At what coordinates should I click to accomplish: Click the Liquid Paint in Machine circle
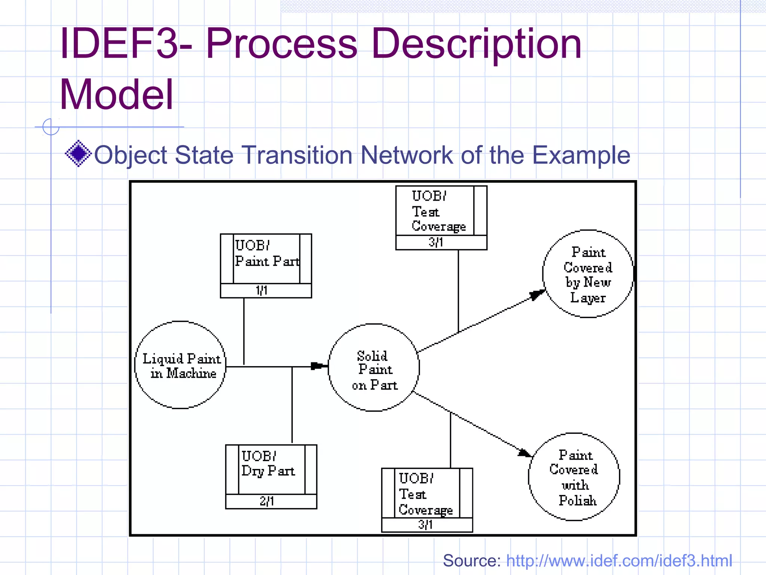(x=180, y=365)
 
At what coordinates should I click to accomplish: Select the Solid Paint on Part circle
(x=374, y=368)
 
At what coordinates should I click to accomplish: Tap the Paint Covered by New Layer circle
(x=588, y=274)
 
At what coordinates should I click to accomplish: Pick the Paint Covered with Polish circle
(x=574, y=477)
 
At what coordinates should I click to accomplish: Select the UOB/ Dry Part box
(x=271, y=469)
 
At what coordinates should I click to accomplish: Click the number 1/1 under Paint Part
(x=262, y=290)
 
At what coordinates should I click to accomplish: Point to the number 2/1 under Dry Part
(x=267, y=501)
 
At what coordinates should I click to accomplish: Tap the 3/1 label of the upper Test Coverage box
(x=436, y=243)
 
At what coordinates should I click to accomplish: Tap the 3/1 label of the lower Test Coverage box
(x=426, y=525)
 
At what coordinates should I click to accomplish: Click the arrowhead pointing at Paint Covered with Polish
(x=524, y=453)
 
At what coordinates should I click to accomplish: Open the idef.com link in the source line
(x=619, y=561)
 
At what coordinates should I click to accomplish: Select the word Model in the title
(x=117, y=94)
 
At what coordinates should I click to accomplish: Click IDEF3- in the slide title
(x=126, y=44)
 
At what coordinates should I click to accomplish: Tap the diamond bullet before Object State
(x=78, y=153)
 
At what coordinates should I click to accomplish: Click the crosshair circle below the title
(x=51, y=127)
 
